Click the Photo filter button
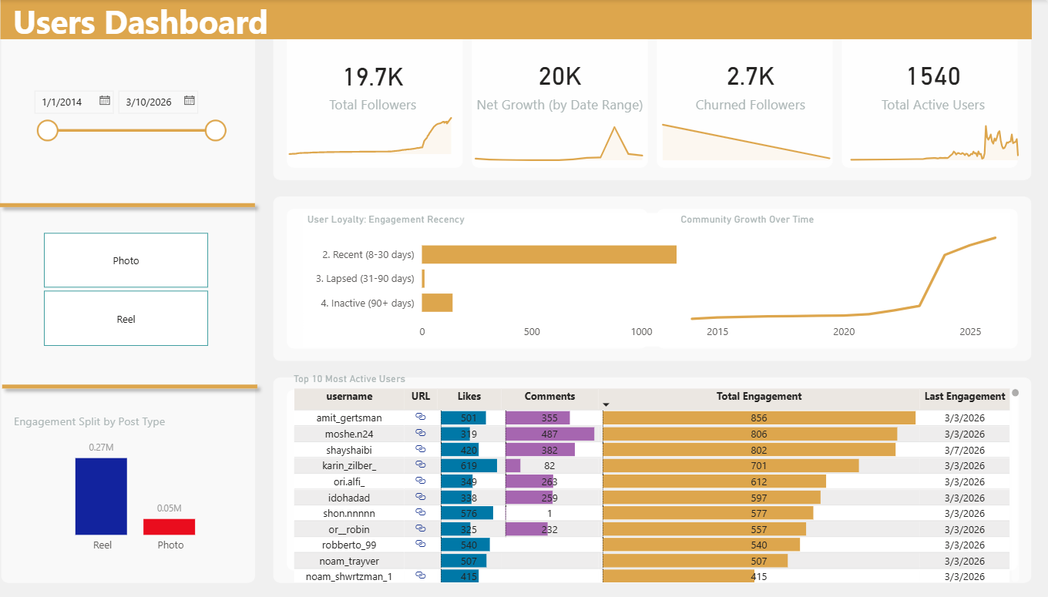(126, 260)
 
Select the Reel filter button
(126, 318)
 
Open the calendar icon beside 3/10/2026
(190, 100)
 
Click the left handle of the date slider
(48, 130)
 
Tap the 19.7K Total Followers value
(373, 77)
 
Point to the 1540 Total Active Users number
(933, 77)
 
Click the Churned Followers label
(750, 105)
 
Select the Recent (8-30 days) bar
(549, 254)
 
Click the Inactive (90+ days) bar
(437, 303)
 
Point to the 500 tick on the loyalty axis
(532, 332)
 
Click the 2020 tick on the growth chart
(844, 332)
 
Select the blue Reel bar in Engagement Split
(101, 496)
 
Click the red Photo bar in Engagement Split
(169, 527)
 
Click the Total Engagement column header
(758, 397)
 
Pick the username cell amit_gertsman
(349, 418)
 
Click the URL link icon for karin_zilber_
(421, 465)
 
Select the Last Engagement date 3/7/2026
(963, 450)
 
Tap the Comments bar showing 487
(549, 434)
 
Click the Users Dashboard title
(140, 22)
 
